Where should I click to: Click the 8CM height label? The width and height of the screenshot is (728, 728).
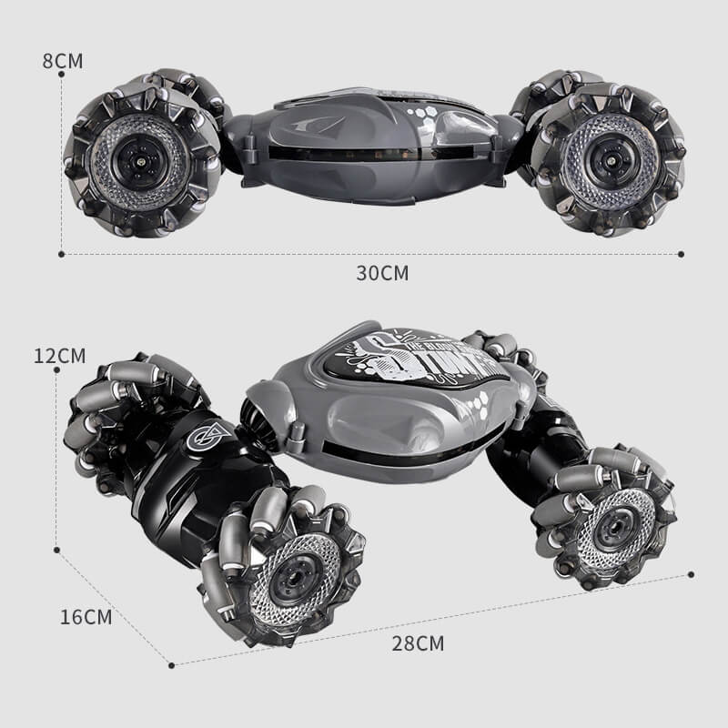(x=63, y=61)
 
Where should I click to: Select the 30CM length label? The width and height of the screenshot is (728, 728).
(x=382, y=272)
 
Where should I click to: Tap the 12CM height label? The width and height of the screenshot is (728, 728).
(x=59, y=355)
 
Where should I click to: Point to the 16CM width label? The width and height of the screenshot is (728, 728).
(x=86, y=617)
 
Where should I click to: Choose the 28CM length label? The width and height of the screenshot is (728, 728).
(x=419, y=643)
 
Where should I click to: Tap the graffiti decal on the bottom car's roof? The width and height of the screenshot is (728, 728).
(x=419, y=360)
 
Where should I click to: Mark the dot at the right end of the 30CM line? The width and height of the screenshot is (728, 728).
(x=681, y=254)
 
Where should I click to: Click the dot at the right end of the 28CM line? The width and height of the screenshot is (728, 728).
(x=692, y=574)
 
